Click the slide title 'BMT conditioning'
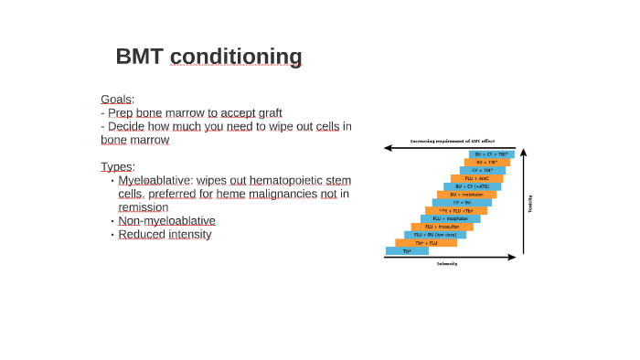(208, 57)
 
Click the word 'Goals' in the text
(117, 99)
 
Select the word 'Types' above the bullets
(117, 166)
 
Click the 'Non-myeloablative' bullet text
(166, 220)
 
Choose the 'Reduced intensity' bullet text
(165, 234)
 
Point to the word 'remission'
(143, 207)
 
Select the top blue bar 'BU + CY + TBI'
(492, 154)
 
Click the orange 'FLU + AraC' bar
(476, 178)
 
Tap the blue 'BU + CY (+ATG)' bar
(472, 186)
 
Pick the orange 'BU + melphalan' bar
(466, 195)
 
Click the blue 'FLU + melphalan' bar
(451, 218)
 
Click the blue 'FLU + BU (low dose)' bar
(435, 235)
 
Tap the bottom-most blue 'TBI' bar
(407, 250)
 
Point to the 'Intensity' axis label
(447, 264)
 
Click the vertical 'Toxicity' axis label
(530, 204)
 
